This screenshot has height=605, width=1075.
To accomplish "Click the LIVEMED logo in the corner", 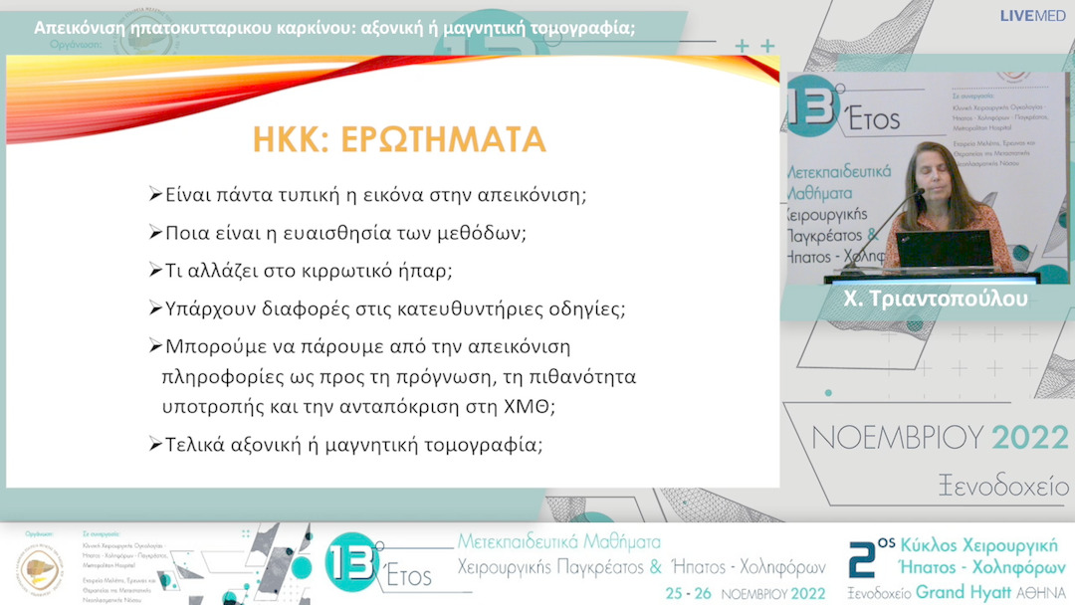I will [x=1033, y=16].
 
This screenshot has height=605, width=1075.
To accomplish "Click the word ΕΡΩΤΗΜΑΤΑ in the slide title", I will [x=444, y=139].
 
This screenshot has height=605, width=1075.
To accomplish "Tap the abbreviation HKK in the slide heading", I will [x=293, y=139].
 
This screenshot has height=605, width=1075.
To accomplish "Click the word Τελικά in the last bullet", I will [x=193, y=445].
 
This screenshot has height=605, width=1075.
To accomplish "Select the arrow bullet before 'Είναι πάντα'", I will [x=154, y=194].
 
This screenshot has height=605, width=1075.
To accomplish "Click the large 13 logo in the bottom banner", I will [x=353, y=563].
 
